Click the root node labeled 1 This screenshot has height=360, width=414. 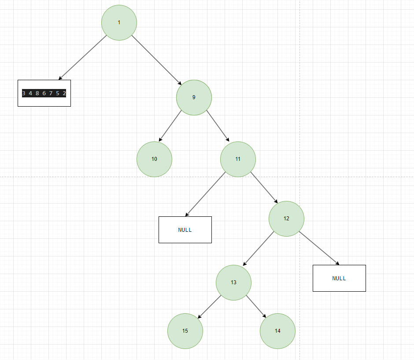(119, 22)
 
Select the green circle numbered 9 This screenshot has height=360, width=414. (194, 97)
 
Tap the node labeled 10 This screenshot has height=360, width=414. (154, 159)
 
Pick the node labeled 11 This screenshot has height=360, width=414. (238, 159)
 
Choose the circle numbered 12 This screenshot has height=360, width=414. (286, 219)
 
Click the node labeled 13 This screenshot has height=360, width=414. (233, 282)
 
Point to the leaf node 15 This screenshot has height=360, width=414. (185, 331)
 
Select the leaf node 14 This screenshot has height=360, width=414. (277, 331)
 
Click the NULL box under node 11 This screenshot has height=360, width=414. (185, 230)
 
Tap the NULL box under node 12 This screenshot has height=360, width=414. (339, 278)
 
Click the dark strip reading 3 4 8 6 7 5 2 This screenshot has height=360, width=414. (44, 93)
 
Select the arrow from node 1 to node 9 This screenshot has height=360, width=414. (156, 60)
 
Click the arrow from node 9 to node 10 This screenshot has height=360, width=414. (170, 126)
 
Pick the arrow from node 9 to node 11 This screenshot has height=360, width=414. (218, 126)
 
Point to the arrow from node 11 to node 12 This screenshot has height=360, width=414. (264, 187)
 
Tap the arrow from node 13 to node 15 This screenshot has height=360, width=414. (209, 307)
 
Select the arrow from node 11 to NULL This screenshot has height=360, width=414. (205, 194)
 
